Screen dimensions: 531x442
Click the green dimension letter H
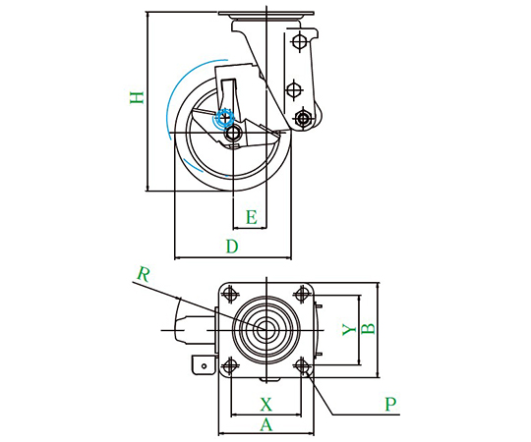[x=137, y=97]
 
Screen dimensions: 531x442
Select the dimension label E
[x=252, y=217]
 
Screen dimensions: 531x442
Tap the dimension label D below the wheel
[x=232, y=247]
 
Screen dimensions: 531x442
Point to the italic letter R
[x=144, y=275]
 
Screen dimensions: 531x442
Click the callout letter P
[x=390, y=404]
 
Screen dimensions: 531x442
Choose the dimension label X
[x=266, y=404]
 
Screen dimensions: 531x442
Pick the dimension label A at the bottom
[x=266, y=424]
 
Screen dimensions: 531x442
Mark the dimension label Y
[x=349, y=329]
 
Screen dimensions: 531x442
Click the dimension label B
[x=368, y=329]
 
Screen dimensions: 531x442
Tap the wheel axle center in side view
[x=233, y=133]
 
